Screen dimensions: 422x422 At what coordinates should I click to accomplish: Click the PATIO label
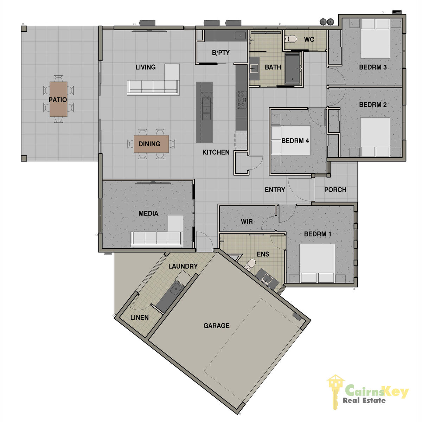click(58, 100)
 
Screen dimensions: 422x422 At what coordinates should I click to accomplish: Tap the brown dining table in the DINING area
click(151, 144)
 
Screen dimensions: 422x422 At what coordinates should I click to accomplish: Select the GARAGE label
click(216, 326)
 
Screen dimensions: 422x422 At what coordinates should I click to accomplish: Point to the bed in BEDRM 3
click(375, 39)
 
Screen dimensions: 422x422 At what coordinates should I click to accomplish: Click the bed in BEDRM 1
click(317, 263)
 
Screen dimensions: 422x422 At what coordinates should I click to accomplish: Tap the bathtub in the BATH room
click(292, 69)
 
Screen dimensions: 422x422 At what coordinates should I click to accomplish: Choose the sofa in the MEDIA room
click(157, 231)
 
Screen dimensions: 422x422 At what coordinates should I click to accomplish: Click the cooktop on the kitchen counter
click(241, 100)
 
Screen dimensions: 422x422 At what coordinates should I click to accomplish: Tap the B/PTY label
click(221, 53)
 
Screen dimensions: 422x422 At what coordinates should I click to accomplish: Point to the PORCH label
click(335, 190)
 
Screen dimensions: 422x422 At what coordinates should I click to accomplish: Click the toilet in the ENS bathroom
click(250, 264)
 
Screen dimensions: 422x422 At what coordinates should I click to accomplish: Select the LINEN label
click(140, 318)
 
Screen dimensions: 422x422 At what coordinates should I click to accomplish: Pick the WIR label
click(247, 222)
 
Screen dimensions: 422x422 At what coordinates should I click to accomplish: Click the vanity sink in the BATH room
click(254, 69)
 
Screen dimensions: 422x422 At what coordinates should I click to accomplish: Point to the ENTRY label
click(275, 190)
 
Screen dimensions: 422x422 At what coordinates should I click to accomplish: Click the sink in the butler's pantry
click(241, 36)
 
